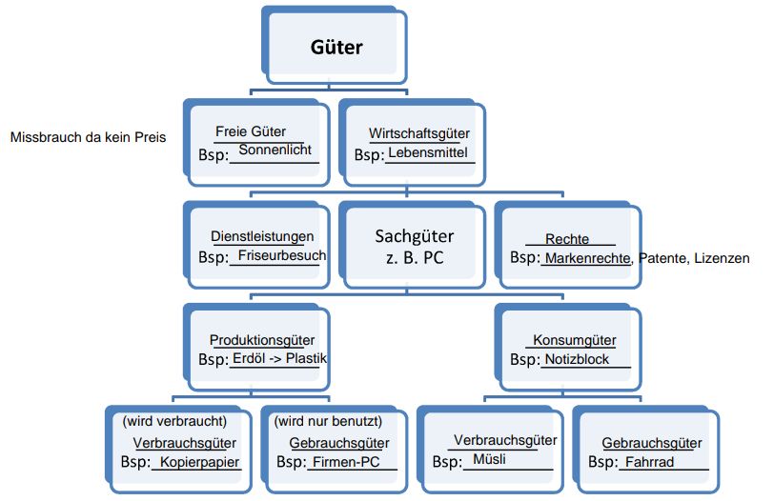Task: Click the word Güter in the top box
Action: click(x=336, y=47)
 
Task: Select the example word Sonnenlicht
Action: click(x=275, y=150)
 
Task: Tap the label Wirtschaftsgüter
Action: click(x=418, y=134)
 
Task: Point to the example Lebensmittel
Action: click(x=428, y=152)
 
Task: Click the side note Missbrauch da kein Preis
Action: click(x=89, y=137)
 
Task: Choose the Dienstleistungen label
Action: click(x=261, y=237)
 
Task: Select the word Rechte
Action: click(x=567, y=239)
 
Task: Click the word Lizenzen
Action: click(x=723, y=258)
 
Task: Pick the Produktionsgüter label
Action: click(x=262, y=340)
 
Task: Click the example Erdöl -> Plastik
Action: click(x=279, y=359)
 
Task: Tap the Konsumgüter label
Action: click(x=574, y=340)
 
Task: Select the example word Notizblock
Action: click(x=577, y=360)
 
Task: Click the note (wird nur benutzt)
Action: click(x=328, y=420)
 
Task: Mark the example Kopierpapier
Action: click(x=200, y=462)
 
